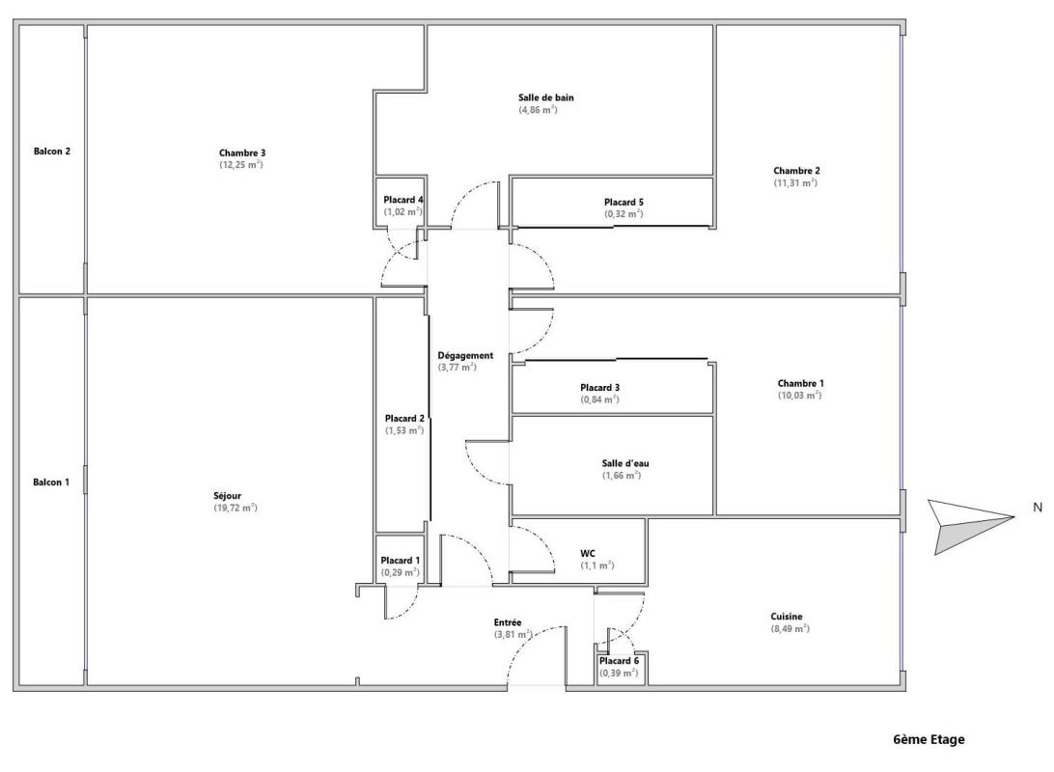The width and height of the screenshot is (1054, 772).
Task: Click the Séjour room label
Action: pyautogui.click(x=227, y=496)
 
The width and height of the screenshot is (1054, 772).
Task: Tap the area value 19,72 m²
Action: pyautogui.click(x=236, y=508)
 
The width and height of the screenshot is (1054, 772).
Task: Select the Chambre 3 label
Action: pyautogui.click(x=242, y=153)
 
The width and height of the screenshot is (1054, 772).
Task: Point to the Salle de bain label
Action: pyautogui.click(x=546, y=97)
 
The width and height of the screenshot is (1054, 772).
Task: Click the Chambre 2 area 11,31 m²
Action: pyautogui.click(x=795, y=182)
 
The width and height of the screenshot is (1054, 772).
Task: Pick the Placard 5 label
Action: pyautogui.click(x=624, y=203)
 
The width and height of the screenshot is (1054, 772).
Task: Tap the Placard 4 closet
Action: pyautogui.click(x=401, y=203)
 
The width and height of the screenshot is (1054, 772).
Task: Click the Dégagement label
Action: pyautogui.click(x=465, y=355)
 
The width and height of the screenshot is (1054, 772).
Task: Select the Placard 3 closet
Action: pyautogui.click(x=612, y=388)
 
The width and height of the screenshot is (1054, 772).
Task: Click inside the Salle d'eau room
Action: pyautogui.click(x=612, y=466)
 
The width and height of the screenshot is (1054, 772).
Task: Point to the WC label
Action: pyautogui.click(x=588, y=554)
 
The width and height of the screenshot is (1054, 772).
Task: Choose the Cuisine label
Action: pyautogui.click(x=787, y=617)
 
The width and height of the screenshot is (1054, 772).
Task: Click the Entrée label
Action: pyautogui.click(x=508, y=622)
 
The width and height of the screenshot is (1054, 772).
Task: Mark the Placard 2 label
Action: pyautogui.click(x=404, y=419)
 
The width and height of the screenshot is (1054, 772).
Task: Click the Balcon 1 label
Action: pyautogui.click(x=51, y=482)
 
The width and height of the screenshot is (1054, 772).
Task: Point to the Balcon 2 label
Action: pyautogui.click(x=52, y=152)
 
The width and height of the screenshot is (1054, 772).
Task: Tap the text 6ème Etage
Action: pyautogui.click(x=929, y=740)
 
